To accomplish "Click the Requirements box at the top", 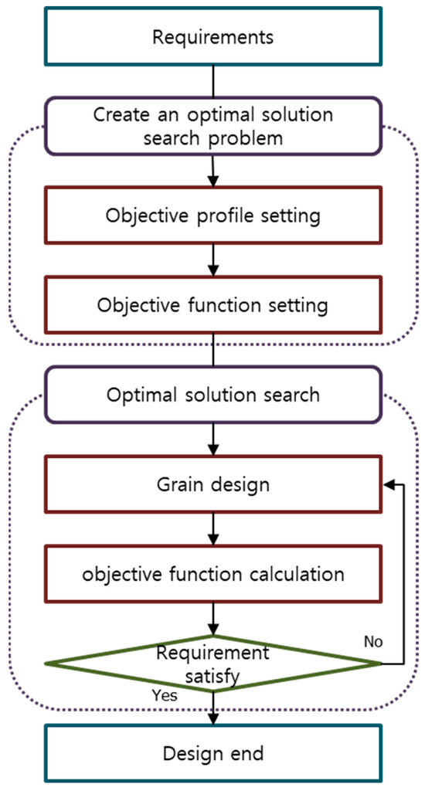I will pyautogui.click(x=212, y=36).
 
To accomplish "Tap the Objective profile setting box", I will pyautogui.click(x=212, y=216).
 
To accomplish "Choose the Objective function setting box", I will pyautogui.click(x=212, y=305).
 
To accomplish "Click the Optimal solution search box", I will pyautogui.click(x=212, y=395).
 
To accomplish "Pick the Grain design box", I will pyautogui.click(x=212, y=485).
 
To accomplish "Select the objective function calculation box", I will pyautogui.click(x=212, y=575).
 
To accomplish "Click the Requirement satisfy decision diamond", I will pyautogui.click(x=212, y=662).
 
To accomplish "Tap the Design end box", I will pyautogui.click(x=212, y=753).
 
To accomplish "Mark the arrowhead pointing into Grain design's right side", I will pyautogui.click(x=389, y=484).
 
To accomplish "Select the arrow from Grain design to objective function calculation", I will pyautogui.click(x=212, y=530).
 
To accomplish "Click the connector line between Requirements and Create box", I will pyautogui.click(x=212, y=81).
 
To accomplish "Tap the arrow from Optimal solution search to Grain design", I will pyautogui.click(x=212, y=440).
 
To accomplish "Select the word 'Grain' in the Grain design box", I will pyautogui.click(x=176, y=485).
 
